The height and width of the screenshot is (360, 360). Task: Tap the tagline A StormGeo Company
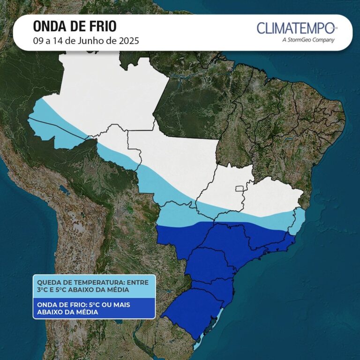(x=308, y=40)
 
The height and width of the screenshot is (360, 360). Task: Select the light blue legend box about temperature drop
(x=94, y=286)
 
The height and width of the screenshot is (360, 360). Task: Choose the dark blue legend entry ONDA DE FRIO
(x=94, y=308)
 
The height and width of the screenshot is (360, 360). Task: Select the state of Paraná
(x=209, y=264)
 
